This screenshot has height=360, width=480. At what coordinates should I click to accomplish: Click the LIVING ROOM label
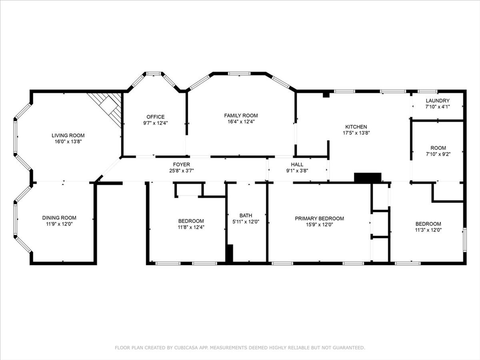(68, 135)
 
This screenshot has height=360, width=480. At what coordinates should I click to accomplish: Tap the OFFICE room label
(156, 117)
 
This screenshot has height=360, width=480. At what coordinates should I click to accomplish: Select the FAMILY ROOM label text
(241, 115)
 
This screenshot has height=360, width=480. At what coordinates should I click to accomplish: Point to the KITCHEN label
(356, 127)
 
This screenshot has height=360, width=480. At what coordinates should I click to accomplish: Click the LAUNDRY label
(438, 100)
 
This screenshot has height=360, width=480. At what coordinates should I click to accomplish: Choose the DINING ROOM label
(60, 217)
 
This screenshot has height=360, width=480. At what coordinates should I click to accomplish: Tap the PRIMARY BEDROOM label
(319, 218)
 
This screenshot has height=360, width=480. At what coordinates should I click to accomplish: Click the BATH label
(246, 216)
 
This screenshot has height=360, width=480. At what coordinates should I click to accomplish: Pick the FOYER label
(181, 165)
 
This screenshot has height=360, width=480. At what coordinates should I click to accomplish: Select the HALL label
(297, 165)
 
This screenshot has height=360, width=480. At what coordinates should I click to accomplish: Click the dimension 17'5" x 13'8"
(356, 133)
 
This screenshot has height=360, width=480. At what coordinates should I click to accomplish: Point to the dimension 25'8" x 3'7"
(181, 171)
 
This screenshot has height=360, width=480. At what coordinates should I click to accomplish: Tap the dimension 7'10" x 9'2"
(438, 154)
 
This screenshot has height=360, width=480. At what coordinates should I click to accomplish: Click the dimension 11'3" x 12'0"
(428, 230)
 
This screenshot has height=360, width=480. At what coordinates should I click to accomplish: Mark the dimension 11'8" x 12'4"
(191, 227)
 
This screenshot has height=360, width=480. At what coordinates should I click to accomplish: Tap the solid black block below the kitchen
(367, 178)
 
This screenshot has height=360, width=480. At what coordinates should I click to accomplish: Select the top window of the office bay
(153, 74)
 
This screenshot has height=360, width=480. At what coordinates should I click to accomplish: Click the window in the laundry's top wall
(427, 91)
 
